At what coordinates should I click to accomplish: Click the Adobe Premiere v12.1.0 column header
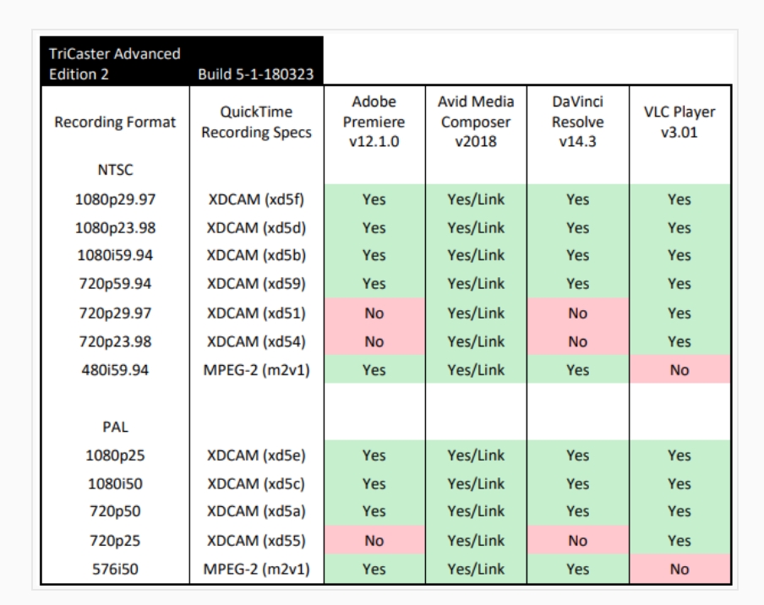tap(374, 122)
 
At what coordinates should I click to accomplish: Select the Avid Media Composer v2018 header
tap(476, 122)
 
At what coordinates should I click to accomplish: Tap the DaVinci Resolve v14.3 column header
tap(578, 122)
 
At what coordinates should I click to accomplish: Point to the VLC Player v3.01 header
tap(679, 122)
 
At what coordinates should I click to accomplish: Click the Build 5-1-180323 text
tap(255, 74)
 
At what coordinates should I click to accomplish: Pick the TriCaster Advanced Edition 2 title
tap(114, 63)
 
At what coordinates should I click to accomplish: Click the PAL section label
tap(114, 427)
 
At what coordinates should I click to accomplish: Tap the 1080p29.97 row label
tap(114, 199)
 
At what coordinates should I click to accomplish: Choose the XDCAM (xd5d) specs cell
tap(255, 228)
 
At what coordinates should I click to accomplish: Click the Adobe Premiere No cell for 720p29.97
tap(374, 313)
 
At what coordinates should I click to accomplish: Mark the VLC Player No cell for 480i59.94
tap(679, 370)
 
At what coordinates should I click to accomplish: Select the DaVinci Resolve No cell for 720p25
tap(578, 541)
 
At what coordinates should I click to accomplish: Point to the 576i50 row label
tap(114, 569)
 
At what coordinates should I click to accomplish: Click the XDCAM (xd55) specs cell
tap(255, 541)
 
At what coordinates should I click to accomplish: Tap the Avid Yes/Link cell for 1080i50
tap(476, 484)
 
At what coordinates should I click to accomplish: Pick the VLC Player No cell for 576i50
tap(679, 569)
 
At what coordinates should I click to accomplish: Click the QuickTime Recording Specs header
tap(255, 122)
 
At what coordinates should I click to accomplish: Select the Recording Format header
tap(114, 122)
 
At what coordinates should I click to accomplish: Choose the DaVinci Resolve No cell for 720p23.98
tap(578, 341)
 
